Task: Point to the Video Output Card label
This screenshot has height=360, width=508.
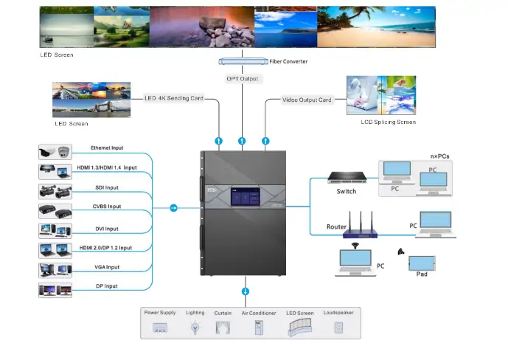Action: [307, 100]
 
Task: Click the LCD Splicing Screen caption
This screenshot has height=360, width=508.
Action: [387, 122]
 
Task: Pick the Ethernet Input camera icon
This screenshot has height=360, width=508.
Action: [55, 152]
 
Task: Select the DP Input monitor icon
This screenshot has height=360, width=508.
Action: [55, 289]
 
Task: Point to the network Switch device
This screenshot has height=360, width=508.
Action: [346, 178]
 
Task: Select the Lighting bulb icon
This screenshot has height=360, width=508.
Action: [195, 325]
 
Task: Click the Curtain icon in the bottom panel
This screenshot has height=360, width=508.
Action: [223, 325]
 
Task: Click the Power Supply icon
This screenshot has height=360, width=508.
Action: [161, 327]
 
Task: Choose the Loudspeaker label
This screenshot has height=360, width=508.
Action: [338, 313]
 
